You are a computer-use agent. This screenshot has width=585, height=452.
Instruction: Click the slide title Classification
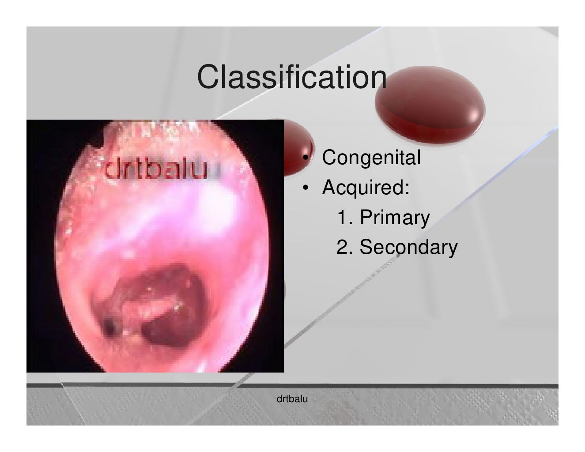(x=292, y=77)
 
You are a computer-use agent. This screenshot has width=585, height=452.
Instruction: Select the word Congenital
(x=371, y=158)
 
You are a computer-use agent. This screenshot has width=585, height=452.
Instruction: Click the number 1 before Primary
(x=341, y=218)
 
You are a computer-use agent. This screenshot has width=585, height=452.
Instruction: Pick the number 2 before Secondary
(x=342, y=247)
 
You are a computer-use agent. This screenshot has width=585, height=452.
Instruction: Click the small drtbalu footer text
(x=292, y=399)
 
